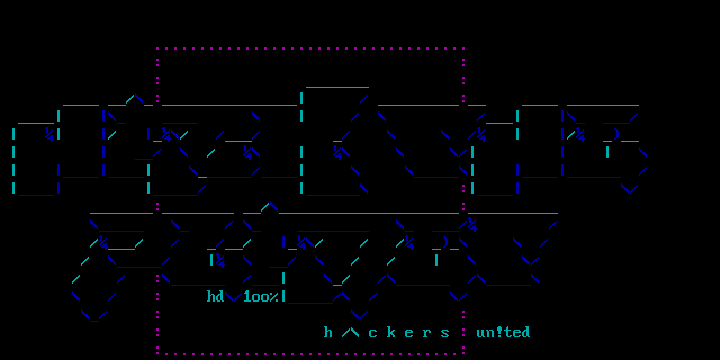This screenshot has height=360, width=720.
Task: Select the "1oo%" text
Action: pyautogui.click(x=261, y=296)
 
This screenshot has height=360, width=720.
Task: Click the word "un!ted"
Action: pyautogui.click(x=503, y=332)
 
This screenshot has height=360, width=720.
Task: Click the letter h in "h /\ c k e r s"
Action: pyautogui.click(x=328, y=332)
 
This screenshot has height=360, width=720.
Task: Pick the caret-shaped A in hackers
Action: pyautogui.click(x=350, y=332)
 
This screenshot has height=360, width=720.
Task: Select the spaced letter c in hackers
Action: pyautogui.click(x=373, y=332)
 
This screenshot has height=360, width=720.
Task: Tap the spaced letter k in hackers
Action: pyautogui.click(x=391, y=332)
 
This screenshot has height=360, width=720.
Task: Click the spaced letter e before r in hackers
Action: pyautogui.click(x=409, y=332)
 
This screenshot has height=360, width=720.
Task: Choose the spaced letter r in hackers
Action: pyautogui.click(x=427, y=332)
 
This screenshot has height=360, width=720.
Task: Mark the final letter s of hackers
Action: pyautogui.click(x=445, y=332)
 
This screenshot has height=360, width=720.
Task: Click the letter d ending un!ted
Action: pyautogui.click(x=526, y=332)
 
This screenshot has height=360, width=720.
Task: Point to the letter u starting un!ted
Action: pyautogui.click(x=481, y=332)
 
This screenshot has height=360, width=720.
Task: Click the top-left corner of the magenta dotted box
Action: pyautogui.click(x=157, y=49)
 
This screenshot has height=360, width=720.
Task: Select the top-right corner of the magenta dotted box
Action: pyautogui.click(x=463, y=49)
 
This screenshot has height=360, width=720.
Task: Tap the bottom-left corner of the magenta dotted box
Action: pyautogui.click(x=157, y=354)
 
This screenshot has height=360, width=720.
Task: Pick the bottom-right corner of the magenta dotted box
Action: pyautogui.click(x=463, y=354)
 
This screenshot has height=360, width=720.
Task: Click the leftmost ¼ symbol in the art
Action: pyautogui.click(x=49, y=134)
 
